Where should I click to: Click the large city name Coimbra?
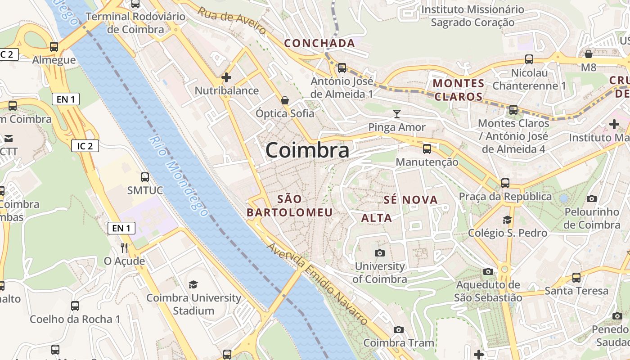[x=307, y=150]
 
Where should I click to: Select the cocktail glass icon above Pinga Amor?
[x=396, y=113]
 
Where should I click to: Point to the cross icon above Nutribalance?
[x=226, y=77]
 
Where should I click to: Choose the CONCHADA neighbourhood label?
[x=319, y=43]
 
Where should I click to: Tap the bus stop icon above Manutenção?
[x=427, y=148]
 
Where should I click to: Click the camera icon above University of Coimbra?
[x=379, y=253]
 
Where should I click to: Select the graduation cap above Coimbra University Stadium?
[x=193, y=284]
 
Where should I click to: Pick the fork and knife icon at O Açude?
[x=124, y=247]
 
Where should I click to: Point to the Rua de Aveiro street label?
[x=232, y=21]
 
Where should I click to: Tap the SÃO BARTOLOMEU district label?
[x=290, y=206]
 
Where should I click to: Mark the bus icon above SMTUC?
[x=144, y=177]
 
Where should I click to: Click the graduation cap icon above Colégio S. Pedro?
[x=507, y=220]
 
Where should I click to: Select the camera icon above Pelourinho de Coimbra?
[x=592, y=198]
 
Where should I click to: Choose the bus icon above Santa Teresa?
[x=576, y=278]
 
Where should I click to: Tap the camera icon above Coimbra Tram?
[x=398, y=329]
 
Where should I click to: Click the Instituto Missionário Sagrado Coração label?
[x=472, y=16]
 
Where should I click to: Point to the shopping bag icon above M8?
[x=588, y=54]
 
